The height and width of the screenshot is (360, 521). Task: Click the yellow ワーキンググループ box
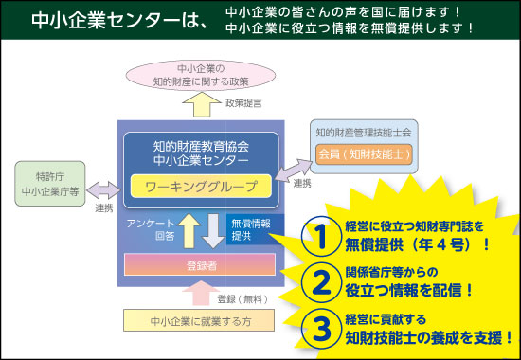point(201,185)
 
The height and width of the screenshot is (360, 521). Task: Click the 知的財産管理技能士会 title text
point(364,132)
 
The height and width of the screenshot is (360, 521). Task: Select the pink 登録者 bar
point(200,264)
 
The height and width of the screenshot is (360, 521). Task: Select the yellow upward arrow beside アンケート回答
point(189,230)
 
